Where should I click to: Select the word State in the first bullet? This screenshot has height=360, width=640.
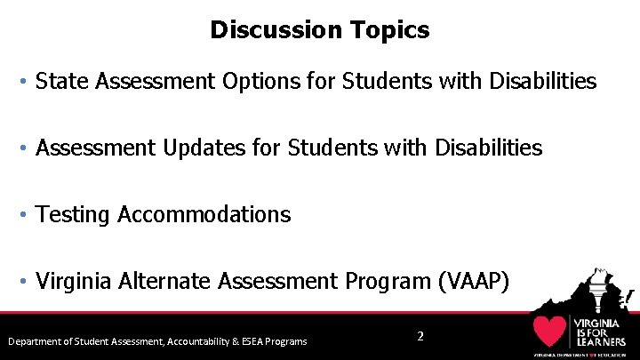[61, 82]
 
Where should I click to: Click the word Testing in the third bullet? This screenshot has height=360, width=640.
[74, 214]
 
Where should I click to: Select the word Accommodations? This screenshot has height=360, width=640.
[204, 214]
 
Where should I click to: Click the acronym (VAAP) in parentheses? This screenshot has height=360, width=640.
[474, 281]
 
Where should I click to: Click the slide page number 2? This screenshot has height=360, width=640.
[420, 336]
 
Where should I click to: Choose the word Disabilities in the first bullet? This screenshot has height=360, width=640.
[541, 82]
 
